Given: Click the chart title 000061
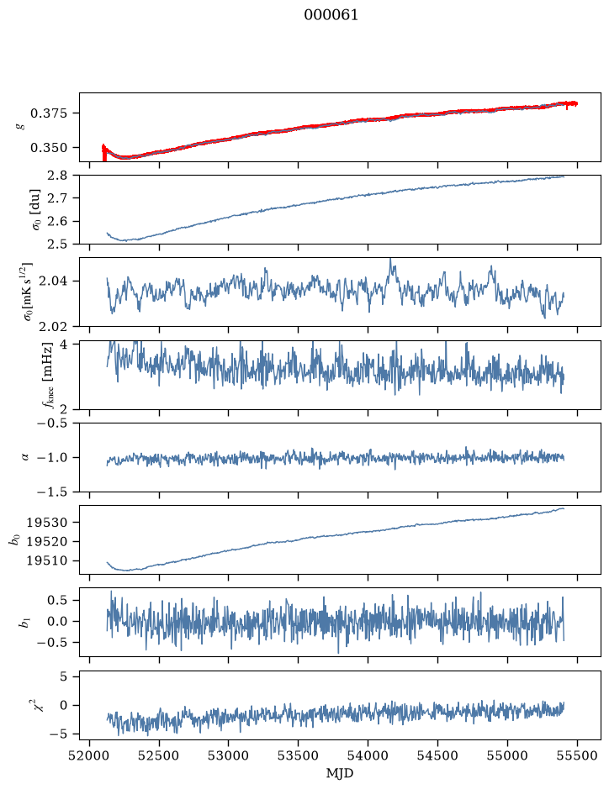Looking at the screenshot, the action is (x=331, y=15).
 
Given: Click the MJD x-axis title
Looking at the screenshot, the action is (x=340, y=773).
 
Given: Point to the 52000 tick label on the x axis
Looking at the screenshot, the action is (x=90, y=755).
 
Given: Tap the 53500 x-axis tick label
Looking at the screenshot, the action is (x=299, y=755).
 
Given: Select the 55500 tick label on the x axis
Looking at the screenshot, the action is (x=577, y=755).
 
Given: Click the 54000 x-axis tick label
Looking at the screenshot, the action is (x=368, y=755).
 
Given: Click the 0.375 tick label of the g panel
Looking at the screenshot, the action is (x=48, y=113).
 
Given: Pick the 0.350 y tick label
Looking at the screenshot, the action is (x=48, y=148).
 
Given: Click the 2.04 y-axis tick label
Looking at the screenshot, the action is (x=52, y=281).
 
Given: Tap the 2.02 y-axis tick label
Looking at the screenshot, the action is (x=52, y=327).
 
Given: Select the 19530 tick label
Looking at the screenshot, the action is (x=46, y=523).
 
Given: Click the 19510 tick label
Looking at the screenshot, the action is (x=46, y=560).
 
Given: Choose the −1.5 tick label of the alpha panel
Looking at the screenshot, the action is (x=52, y=492).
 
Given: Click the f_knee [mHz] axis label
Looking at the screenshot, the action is (x=48, y=375).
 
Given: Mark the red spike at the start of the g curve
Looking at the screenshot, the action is (x=104, y=152).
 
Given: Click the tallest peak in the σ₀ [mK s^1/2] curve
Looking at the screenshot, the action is (x=390, y=259).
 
